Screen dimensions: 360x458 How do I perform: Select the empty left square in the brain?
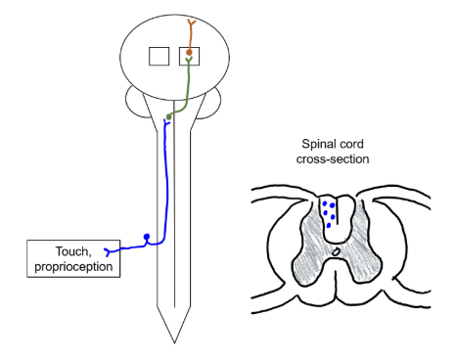coord(159,57)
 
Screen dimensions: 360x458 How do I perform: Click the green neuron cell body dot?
coord(169,117)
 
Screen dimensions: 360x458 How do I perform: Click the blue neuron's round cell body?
coord(147,236)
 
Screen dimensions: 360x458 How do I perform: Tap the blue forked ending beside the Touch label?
coord(109,250)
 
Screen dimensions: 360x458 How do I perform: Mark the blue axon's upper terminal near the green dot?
coord(164,126)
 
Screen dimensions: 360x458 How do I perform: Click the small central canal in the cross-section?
coord(335,251)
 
